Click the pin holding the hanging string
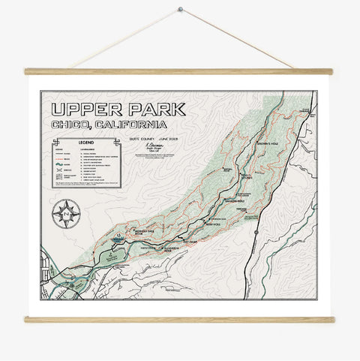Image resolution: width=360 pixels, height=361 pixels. (180, 10)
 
